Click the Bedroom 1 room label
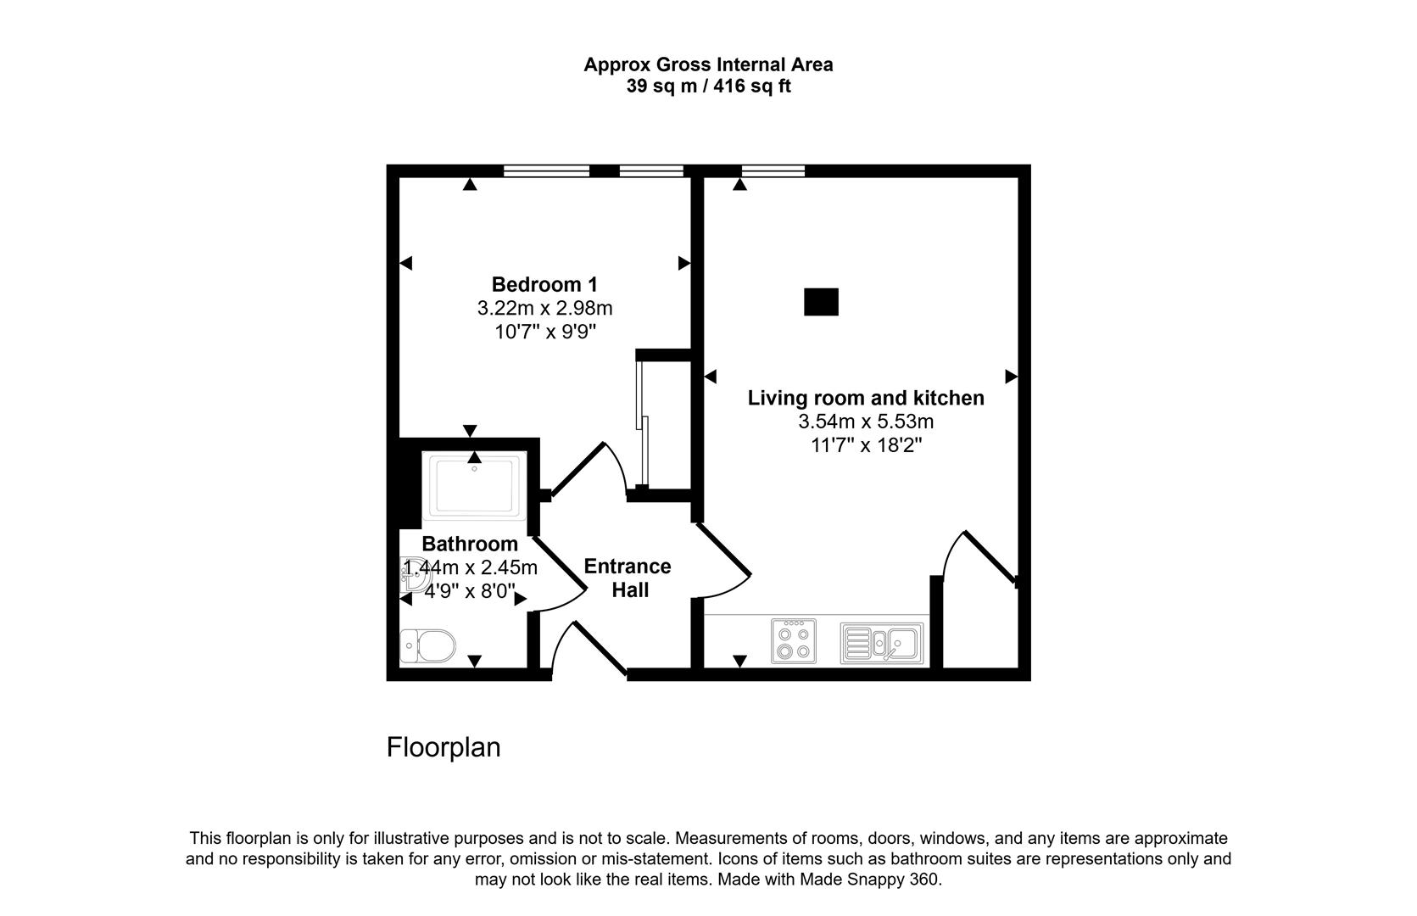[x=544, y=285]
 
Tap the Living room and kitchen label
[x=866, y=398]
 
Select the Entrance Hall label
[x=628, y=578]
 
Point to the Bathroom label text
[x=470, y=544]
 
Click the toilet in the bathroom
[x=428, y=646]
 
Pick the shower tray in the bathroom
[x=474, y=486]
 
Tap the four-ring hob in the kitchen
[x=794, y=641]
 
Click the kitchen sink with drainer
[x=882, y=644]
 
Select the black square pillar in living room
[x=821, y=302]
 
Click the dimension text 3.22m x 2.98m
[x=544, y=308]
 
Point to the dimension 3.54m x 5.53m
[x=866, y=422]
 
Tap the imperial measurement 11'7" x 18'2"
[x=866, y=446]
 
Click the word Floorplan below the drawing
[x=444, y=748]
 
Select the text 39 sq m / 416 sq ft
[x=709, y=86]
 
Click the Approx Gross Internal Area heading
[x=709, y=64]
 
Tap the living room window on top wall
[x=773, y=170]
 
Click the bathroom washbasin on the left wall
[x=415, y=574]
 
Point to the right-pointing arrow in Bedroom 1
[x=683, y=263]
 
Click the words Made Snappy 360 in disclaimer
[x=869, y=880]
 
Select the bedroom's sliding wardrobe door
[x=642, y=422]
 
